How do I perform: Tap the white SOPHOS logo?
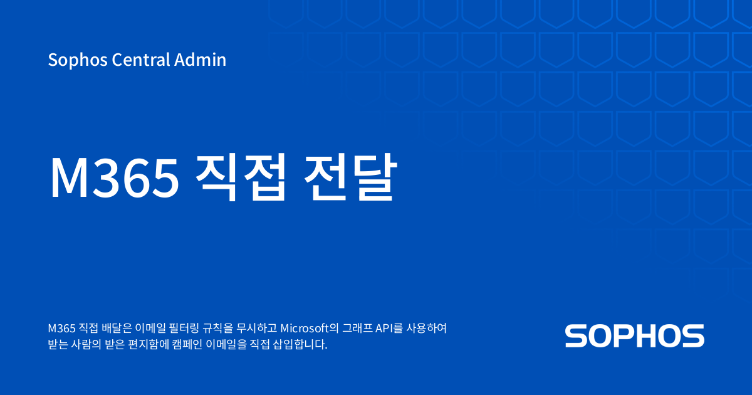pyautogui.click(x=634, y=336)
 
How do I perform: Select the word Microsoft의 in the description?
pyautogui.click(x=310, y=328)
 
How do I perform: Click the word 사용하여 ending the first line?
pyautogui.click(x=427, y=328)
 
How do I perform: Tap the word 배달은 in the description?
pyautogui.click(x=113, y=328)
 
